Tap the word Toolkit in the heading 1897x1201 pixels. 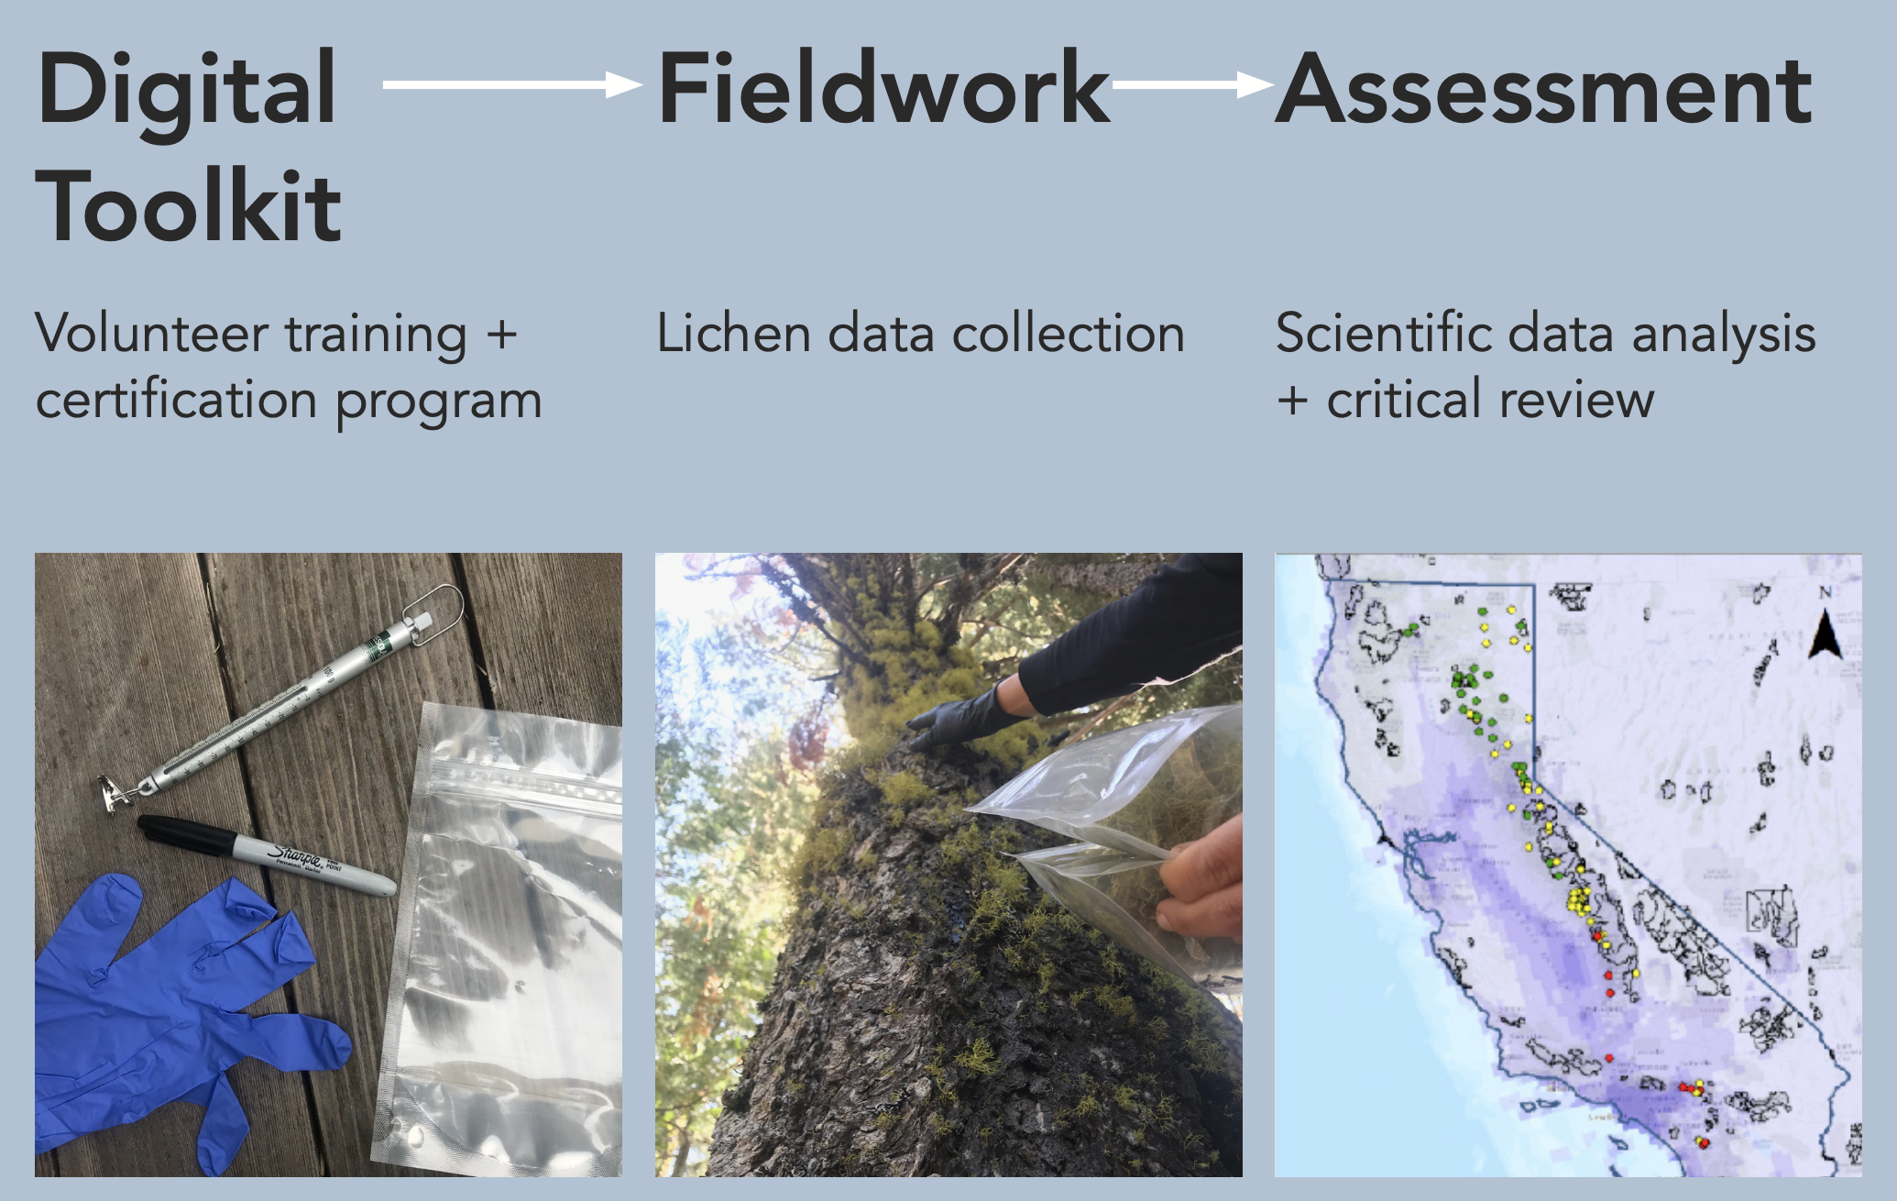pos(189,206)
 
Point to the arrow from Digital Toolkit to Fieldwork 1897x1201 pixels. pos(512,84)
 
